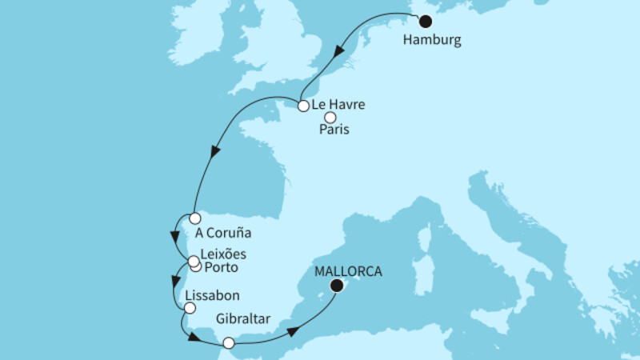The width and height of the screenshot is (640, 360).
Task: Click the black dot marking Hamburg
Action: pyautogui.click(x=426, y=22)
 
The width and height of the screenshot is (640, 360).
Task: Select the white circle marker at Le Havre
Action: pyautogui.click(x=303, y=106)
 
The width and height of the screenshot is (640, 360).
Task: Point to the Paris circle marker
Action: pyautogui.click(x=330, y=118)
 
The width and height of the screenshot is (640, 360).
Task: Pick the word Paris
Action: pyautogui.click(x=337, y=130)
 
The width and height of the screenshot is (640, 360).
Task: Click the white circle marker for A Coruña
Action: pyautogui.click(x=194, y=218)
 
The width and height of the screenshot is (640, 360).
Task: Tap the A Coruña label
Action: pyautogui.click(x=223, y=234)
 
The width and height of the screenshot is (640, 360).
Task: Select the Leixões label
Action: pyautogui.click(x=222, y=254)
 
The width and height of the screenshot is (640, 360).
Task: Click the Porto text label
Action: pyautogui.click(x=221, y=266)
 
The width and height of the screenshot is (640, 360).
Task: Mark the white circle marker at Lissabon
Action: pyautogui.click(x=190, y=308)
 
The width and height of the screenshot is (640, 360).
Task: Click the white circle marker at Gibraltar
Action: pyautogui.click(x=229, y=343)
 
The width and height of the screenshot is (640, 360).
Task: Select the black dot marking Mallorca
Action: pyautogui.click(x=338, y=286)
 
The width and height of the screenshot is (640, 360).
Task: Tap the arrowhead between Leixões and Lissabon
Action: pyautogui.click(x=174, y=282)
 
